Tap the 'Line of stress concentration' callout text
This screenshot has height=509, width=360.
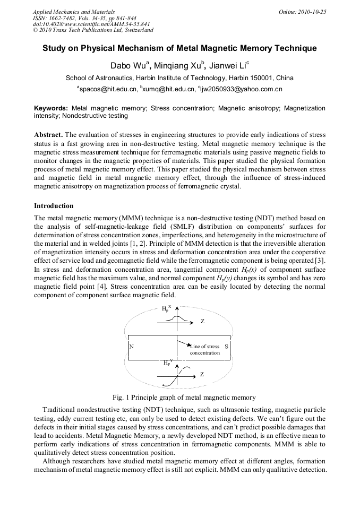coord(204,350)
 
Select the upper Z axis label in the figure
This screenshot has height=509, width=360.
coord(202,322)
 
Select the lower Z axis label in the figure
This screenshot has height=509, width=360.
coord(202,374)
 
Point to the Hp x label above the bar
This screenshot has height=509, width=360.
coord(166,308)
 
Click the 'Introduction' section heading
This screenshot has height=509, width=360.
coord(54,206)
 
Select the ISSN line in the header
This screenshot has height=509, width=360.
coord(77,18)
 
